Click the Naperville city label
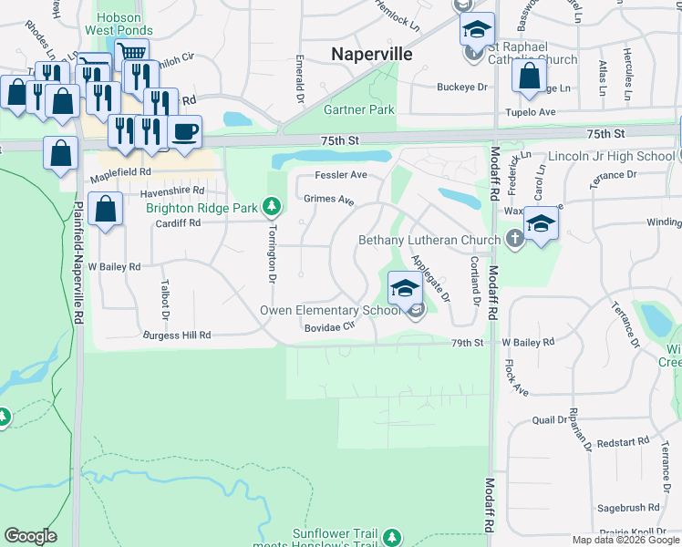[371, 55]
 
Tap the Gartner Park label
[359, 109]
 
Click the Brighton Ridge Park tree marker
[271, 207]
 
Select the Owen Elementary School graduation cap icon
[404, 289]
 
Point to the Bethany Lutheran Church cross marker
[515, 240]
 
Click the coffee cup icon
[185, 131]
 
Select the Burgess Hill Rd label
[177, 335]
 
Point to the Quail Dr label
[550, 420]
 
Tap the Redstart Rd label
[625, 442]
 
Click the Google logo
[31, 536]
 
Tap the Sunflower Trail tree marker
[392, 537]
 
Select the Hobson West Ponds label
[119, 23]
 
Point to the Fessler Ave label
[341, 174]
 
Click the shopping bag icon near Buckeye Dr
[529, 77]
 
